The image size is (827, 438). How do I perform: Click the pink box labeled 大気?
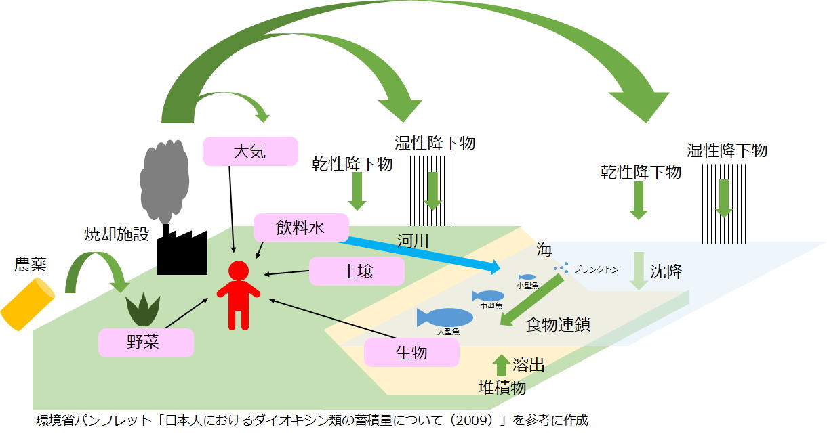click(x=250, y=151)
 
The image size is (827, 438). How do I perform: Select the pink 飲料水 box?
click(x=300, y=228)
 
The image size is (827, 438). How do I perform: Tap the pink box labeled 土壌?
click(x=357, y=271)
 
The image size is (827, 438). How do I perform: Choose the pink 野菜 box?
click(x=146, y=342)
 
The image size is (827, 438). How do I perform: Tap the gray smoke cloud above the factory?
click(x=163, y=179)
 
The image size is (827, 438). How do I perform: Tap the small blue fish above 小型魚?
click(x=527, y=277)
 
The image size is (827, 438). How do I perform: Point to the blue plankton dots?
click(x=561, y=269)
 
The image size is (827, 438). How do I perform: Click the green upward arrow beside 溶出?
click(x=501, y=365)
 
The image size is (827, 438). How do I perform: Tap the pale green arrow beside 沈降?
click(x=638, y=270)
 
